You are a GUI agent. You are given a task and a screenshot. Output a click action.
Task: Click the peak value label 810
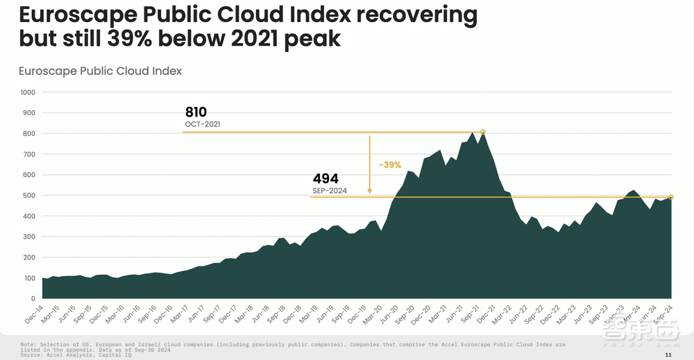196,112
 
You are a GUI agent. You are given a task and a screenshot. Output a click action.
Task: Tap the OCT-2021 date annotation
202,125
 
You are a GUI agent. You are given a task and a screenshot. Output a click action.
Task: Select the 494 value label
325,179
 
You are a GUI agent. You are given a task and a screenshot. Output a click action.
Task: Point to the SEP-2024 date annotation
330,190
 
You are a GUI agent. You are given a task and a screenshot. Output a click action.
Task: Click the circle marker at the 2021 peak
483,132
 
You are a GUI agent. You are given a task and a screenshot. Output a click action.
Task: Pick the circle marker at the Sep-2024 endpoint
671,197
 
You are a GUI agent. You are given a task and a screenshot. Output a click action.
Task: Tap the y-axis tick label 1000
28,92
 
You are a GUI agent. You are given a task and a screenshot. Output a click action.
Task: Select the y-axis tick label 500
30,196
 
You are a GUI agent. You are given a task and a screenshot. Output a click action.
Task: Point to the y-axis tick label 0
33,298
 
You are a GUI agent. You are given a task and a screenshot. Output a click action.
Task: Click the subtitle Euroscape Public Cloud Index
100,71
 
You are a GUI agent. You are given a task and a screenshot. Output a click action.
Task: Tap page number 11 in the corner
668,354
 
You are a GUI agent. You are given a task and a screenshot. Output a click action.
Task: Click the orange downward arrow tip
370,192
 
